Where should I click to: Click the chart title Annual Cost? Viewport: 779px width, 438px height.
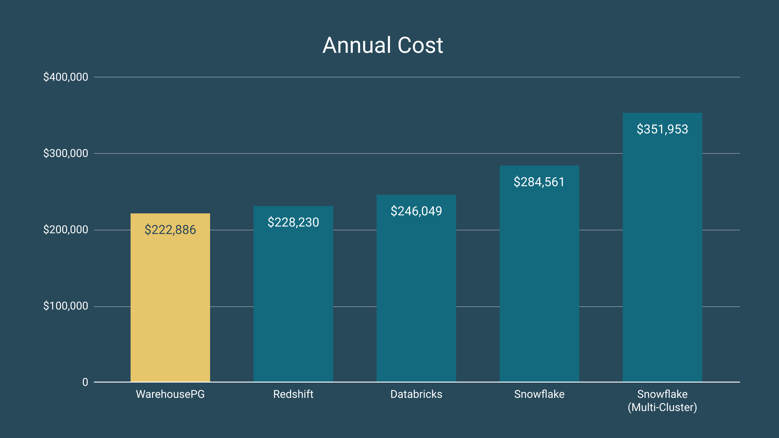(383, 45)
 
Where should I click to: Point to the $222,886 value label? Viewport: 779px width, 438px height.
(170, 230)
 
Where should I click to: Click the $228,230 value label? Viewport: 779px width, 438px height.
(293, 222)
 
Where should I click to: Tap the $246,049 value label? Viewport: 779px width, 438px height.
(416, 211)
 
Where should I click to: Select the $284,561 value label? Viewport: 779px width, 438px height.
(539, 182)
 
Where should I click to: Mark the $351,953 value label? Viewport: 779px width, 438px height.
(662, 129)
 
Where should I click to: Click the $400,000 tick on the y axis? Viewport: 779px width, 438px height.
(66, 77)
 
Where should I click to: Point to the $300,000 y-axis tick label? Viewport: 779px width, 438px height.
(66, 153)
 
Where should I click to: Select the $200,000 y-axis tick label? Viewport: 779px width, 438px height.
(66, 230)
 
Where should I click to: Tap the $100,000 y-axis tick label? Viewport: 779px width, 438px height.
(66, 306)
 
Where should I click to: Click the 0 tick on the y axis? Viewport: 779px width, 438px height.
(85, 382)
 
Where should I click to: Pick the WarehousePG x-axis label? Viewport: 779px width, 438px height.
(170, 394)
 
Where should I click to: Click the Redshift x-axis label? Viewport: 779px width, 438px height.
(293, 394)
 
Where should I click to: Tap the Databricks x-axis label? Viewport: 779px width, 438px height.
(416, 394)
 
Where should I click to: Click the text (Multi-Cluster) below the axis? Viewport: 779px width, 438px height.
(662, 407)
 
